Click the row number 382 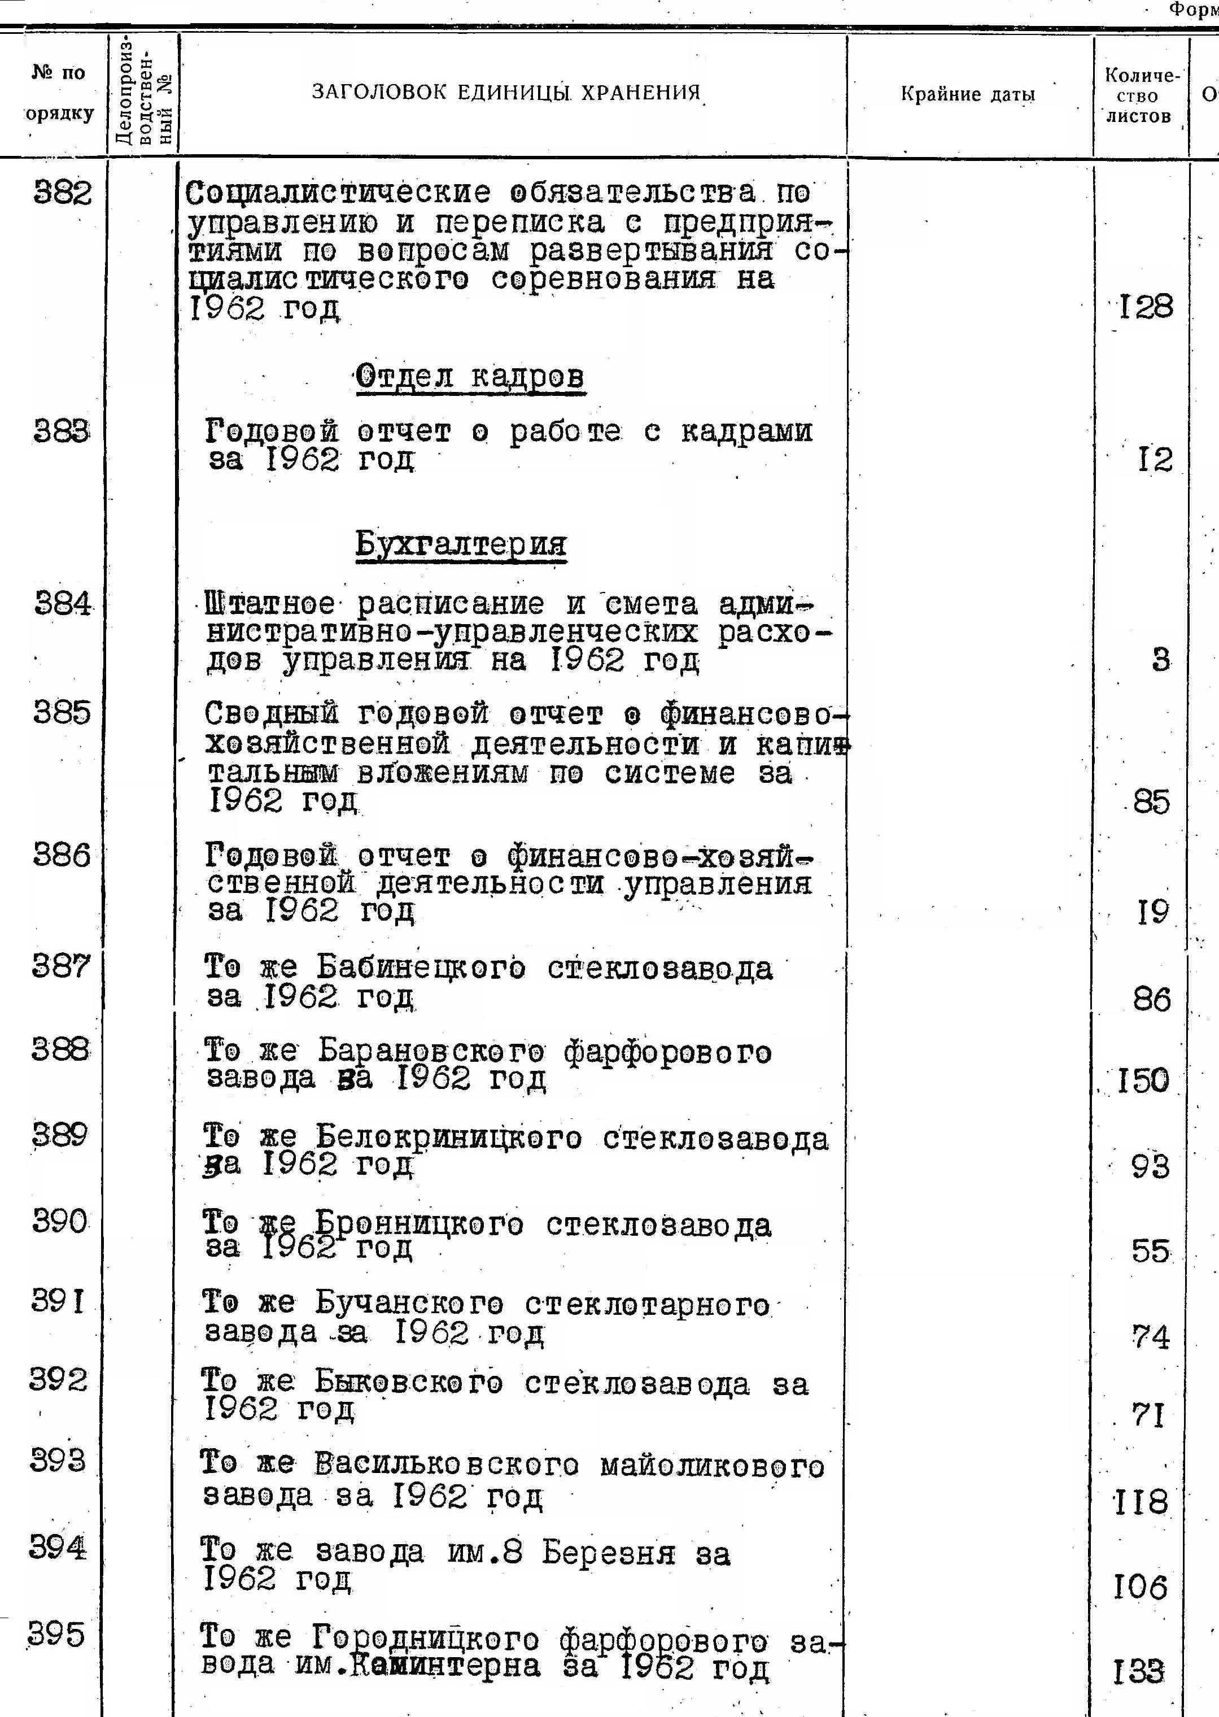tap(63, 194)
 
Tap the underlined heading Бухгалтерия tap(461, 543)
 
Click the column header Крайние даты tap(968, 94)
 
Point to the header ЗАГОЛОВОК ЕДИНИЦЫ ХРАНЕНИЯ tap(506, 92)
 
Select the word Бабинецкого tap(420, 969)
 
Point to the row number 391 tap(58, 1300)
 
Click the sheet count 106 tap(1140, 1587)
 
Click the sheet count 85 tap(1151, 803)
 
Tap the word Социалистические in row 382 tap(339, 194)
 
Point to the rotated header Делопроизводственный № tap(143, 91)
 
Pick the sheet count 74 tap(1150, 1337)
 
